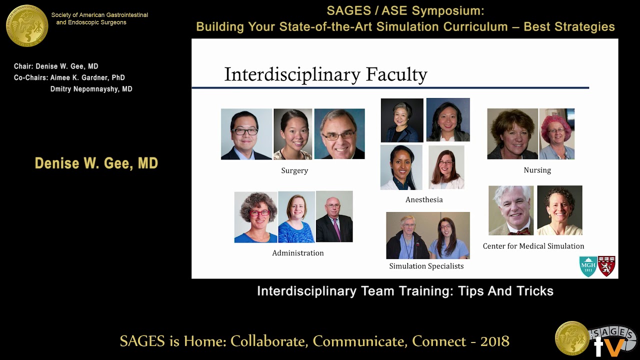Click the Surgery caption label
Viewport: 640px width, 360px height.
tap(294, 170)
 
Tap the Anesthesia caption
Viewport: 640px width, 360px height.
tap(424, 199)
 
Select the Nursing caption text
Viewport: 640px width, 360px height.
tap(537, 170)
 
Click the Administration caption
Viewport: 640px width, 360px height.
tap(297, 253)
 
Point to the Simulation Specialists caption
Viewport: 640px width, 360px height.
tap(426, 266)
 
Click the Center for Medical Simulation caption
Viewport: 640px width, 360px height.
tap(533, 246)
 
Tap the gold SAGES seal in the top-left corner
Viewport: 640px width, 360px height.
tap(27, 25)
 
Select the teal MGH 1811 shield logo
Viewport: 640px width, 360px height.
tap(588, 266)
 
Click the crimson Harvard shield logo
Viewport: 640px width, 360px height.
tap(606, 266)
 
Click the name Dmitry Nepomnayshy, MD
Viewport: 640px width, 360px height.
tap(91, 89)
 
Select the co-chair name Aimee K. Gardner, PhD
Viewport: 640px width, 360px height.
tap(87, 77)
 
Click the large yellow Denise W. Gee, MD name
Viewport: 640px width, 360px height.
tap(96, 163)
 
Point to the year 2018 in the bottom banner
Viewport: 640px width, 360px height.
tap(494, 341)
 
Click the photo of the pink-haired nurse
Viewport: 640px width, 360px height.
tap(556, 134)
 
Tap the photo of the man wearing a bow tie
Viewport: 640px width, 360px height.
tap(510, 210)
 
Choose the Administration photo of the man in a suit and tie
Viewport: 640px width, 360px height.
tap(334, 216)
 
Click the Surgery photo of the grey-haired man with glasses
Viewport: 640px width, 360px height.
tap(339, 134)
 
